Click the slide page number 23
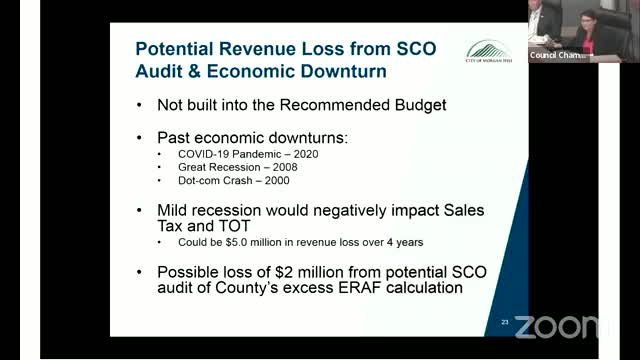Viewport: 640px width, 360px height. [505, 321]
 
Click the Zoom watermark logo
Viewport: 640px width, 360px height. [560, 326]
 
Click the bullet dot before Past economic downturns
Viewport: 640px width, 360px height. [138, 135]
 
